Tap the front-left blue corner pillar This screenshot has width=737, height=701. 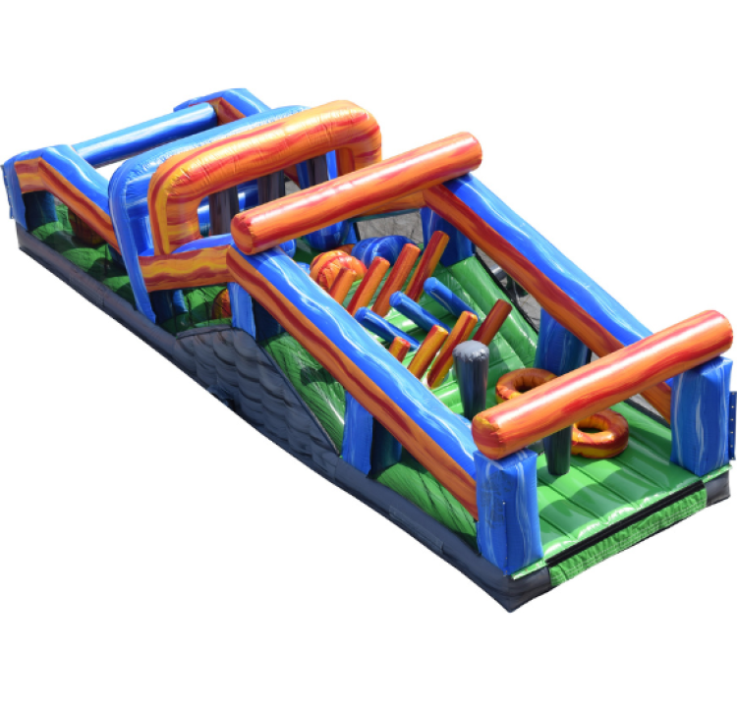click(507, 511)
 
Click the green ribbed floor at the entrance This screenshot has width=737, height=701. click(590, 491)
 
